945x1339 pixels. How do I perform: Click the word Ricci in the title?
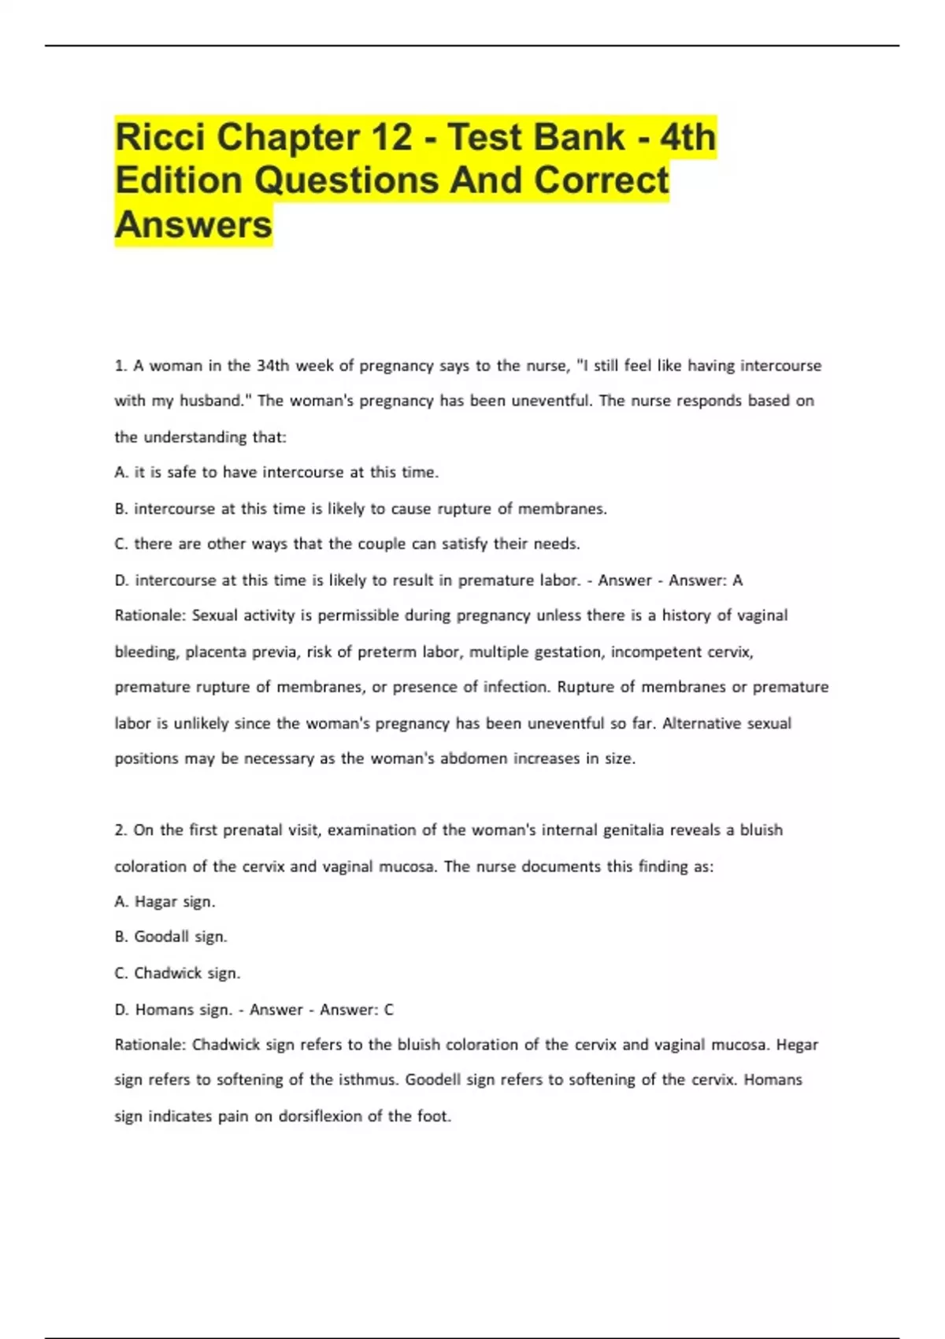click(x=160, y=138)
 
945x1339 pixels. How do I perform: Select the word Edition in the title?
click(x=179, y=180)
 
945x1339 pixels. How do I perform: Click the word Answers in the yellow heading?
click(x=194, y=224)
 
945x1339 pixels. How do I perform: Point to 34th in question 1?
click(x=273, y=365)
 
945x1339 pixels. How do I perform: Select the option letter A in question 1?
click(x=120, y=473)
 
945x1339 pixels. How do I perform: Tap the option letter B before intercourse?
click(x=120, y=509)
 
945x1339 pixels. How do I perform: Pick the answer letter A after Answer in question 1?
click(x=738, y=580)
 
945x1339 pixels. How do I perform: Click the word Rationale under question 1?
click(x=148, y=615)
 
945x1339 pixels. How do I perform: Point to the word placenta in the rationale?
click(x=214, y=652)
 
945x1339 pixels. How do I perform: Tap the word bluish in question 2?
click(x=761, y=830)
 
